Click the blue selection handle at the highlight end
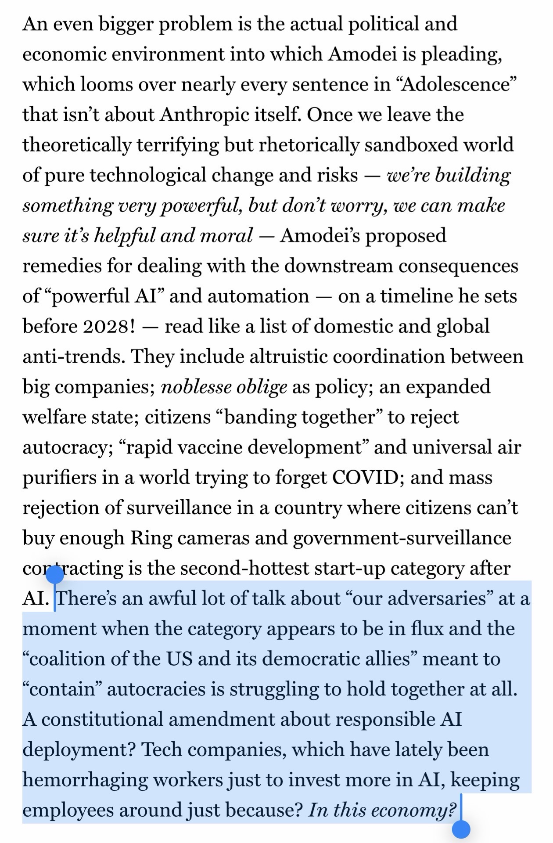(461, 829)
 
